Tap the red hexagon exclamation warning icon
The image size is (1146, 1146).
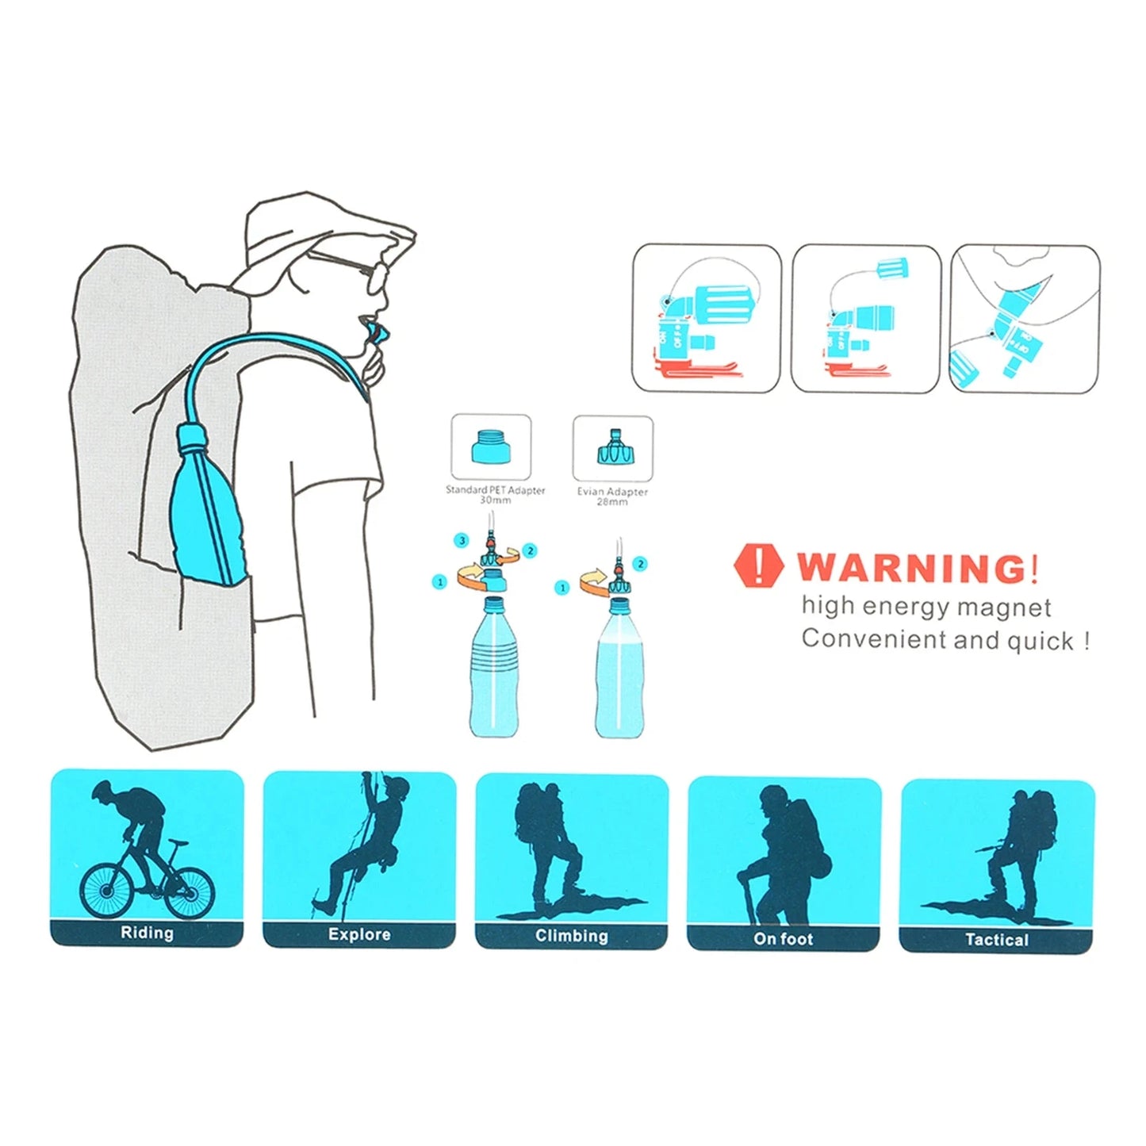tap(759, 566)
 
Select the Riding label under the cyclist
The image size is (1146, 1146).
tap(147, 933)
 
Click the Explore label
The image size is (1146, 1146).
tap(359, 934)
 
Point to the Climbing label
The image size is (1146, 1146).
tap(571, 936)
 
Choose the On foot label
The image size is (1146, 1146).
tap(783, 939)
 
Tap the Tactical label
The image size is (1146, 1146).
tap(996, 940)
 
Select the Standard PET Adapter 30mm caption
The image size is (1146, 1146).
tap(495, 495)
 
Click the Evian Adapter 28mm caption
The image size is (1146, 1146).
tap(612, 496)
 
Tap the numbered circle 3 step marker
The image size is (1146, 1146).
tap(462, 541)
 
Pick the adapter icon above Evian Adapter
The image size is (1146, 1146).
tap(613, 450)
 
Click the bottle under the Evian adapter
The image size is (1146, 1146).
tap(619, 670)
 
